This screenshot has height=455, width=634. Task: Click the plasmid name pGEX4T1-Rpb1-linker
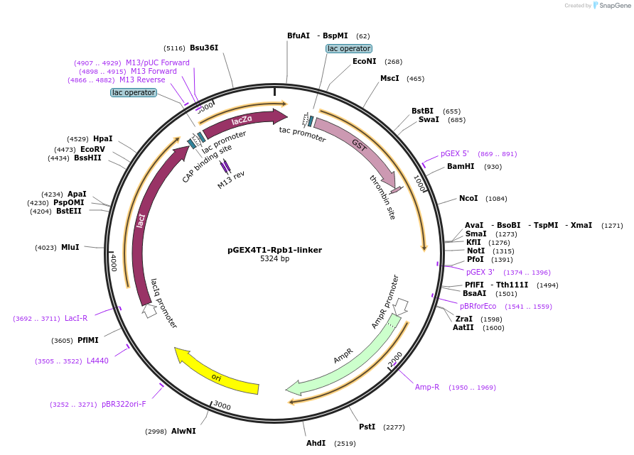[x=274, y=250]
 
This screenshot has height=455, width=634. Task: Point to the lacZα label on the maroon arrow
[x=242, y=120]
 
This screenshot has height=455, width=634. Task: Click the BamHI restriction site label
[x=461, y=167]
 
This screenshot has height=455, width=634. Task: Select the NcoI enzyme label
[x=468, y=198]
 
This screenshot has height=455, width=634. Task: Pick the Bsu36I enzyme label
[x=204, y=48]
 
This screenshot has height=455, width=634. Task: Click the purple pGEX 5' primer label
[x=455, y=153]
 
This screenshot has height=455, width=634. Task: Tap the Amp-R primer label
[x=427, y=387]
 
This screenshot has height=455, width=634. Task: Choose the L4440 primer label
[x=97, y=361]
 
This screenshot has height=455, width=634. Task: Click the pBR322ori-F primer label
[x=124, y=404]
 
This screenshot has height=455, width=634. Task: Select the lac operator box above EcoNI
[x=348, y=48]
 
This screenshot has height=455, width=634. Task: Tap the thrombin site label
[x=382, y=197]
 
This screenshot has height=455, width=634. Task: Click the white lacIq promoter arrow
[x=149, y=310]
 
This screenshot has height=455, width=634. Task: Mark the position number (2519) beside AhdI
[x=342, y=444]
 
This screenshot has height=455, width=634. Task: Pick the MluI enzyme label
[x=70, y=247]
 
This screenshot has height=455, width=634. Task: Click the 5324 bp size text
[x=274, y=259]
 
